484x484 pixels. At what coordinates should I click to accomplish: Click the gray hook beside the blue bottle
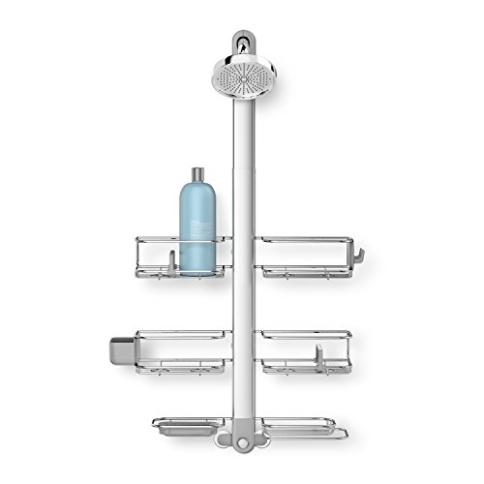[168, 260]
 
